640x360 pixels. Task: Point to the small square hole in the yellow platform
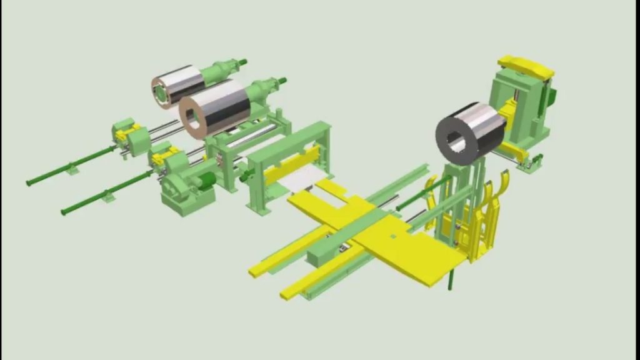[392, 236]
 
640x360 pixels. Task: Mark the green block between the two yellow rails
[325, 250]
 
